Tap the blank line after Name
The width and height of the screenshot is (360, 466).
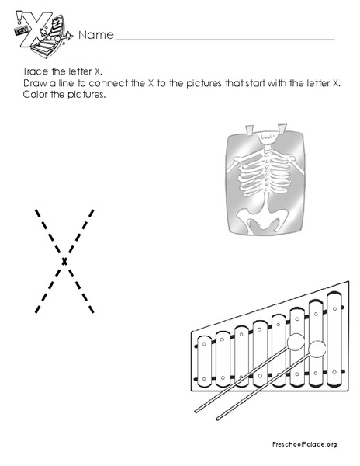click(x=225, y=37)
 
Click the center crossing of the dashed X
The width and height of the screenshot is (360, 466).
click(x=64, y=260)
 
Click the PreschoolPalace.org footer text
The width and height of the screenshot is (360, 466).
click(x=304, y=443)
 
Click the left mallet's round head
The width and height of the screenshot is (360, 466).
click(x=295, y=343)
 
